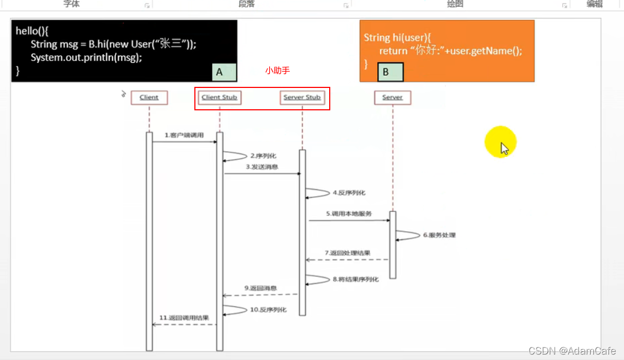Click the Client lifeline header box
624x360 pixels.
click(149, 97)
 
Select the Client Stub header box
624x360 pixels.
click(219, 97)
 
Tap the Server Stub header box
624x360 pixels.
click(302, 97)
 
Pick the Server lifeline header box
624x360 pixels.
click(392, 97)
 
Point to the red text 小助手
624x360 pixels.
click(277, 70)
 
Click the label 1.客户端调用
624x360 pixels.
click(184, 135)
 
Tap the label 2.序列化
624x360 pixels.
click(263, 156)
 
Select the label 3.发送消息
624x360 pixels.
click(262, 167)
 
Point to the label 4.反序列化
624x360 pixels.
click(349, 193)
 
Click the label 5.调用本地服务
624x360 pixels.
click(349, 214)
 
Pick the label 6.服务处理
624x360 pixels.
click(439, 235)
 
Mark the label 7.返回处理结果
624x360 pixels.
click(348, 253)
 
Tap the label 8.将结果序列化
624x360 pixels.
click(355, 279)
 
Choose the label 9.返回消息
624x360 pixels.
click(260, 288)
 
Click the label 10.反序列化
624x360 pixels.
click(268, 310)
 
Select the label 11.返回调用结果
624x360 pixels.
click(184, 317)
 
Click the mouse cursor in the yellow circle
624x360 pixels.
click(504, 147)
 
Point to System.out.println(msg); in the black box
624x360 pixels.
click(86, 57)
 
